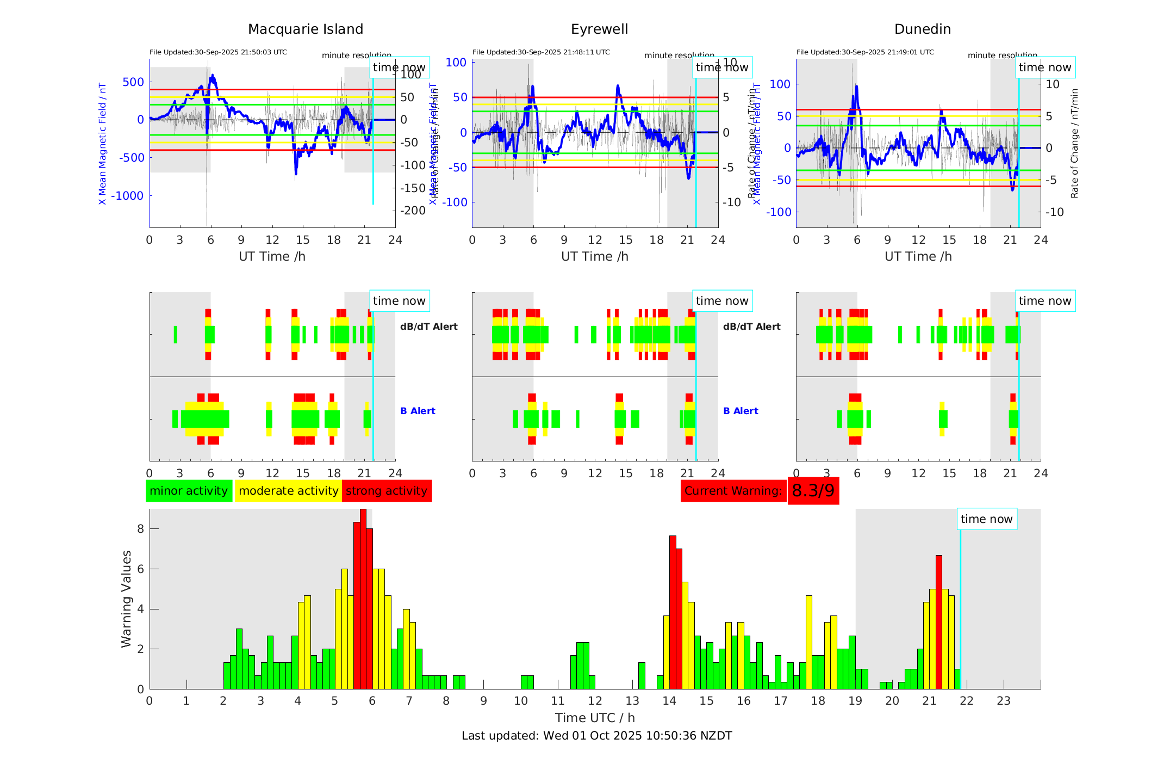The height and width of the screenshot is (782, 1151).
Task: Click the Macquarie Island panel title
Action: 305,29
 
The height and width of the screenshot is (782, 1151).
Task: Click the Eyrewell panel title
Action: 599,29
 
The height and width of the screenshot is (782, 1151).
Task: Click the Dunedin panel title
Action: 922,29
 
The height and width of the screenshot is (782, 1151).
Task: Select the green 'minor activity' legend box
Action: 189,491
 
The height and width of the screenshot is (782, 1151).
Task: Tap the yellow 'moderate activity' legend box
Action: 288,491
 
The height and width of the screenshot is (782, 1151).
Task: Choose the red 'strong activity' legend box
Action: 387,491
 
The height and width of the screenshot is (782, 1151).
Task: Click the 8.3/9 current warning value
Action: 813,491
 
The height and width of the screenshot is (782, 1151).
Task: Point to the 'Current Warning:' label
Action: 733,491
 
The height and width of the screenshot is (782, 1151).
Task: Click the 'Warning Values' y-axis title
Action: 127,599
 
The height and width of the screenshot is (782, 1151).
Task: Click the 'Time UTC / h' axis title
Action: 595,718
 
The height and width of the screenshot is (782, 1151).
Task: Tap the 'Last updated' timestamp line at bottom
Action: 596,736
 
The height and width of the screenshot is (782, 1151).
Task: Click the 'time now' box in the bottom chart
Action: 986,519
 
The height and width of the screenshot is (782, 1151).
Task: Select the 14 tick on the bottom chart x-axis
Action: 669,701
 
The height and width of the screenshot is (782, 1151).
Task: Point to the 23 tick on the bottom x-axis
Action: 1003,701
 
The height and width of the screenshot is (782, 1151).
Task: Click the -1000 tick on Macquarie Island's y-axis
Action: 128,196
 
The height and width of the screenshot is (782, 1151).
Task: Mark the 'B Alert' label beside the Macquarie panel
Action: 418,411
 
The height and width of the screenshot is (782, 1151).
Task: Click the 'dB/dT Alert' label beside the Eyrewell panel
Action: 751,327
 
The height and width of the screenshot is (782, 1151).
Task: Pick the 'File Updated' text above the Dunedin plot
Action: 864,52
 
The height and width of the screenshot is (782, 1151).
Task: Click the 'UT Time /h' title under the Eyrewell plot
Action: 595,256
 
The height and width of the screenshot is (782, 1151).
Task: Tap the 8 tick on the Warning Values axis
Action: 141,529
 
